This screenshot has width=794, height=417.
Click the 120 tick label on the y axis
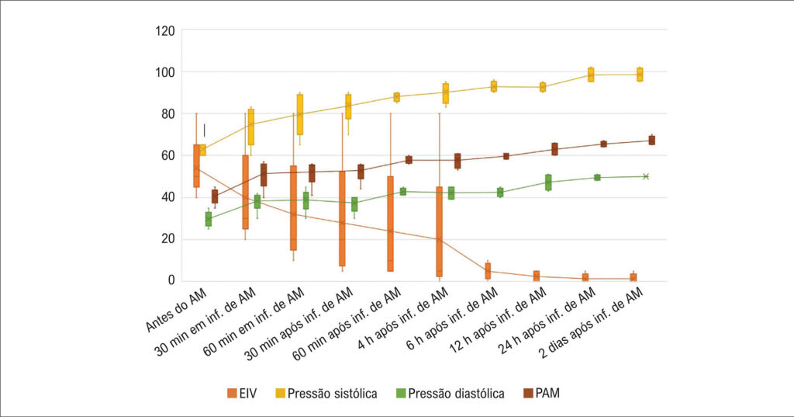click(x=166, y=31)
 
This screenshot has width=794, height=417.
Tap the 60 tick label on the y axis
click(x=168, y=155)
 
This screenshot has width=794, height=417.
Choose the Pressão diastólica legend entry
click(x=450, y=394)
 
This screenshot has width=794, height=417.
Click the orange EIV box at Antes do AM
click(x=196, y=165)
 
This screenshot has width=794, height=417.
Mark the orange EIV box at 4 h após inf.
click(x=440, y=231)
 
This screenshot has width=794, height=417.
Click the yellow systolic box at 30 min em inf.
click(x=250, y=127)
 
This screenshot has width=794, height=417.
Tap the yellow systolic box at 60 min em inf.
click(x=299, y=114)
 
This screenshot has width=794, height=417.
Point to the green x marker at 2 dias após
click(x=645, y=176)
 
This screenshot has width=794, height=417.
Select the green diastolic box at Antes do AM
click(x=208, y=219)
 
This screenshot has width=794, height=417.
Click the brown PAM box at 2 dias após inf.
click(x=651, y=140)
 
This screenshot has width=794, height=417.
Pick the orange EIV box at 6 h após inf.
click(x=488, y=271)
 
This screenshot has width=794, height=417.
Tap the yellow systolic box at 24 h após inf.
click(x=591, y=75)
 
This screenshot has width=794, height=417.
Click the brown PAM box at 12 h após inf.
click(x=554, y=148)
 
